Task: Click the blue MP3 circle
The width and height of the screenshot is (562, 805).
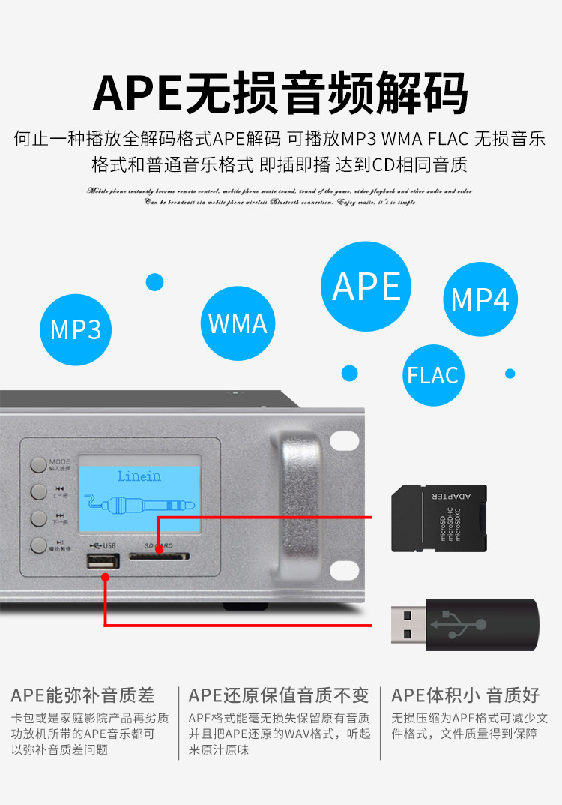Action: click(x=75, y=329)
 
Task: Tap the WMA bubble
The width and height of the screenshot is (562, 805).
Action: click(x=238, y=323)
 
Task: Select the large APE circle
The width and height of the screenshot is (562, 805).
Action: click(x=366, y=287)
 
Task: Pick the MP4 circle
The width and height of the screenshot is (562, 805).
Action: click(x=480, y=299)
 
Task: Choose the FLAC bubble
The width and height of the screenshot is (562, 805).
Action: click(x=432, y=375)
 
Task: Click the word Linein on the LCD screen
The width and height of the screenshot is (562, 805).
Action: click(x=139, y=476)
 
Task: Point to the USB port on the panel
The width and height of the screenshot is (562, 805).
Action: click(x=103, y=563)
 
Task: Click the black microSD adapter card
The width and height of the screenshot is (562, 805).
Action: click(x=439, y=517)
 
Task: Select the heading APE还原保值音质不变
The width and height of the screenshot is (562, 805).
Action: click(x=279, y=695)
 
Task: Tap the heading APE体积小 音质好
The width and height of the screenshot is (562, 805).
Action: click(x=465, y=695)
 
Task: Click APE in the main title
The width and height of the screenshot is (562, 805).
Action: click(x=138, y=93)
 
